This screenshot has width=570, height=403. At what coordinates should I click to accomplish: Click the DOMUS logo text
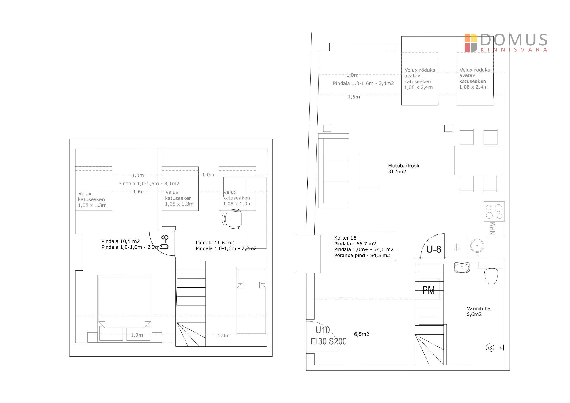tap(514, 40)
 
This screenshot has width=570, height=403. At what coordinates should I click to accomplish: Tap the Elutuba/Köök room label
tap(403, 166)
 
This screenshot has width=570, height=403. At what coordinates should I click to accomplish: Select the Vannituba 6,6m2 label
tap(478, 311)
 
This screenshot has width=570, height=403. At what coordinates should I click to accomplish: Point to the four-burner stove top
tap(494, 212)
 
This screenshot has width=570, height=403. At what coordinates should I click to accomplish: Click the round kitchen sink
tap(477, 246)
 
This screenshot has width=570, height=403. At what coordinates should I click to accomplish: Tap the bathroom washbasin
tap(462, 267)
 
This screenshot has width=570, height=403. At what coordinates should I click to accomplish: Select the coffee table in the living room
tap(369, 171)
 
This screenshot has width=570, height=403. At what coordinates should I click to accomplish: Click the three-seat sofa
tap(333, 171)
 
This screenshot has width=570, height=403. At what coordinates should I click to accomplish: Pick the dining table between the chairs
tap(479, 160)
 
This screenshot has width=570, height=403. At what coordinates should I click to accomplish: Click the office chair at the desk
tap(232, 219)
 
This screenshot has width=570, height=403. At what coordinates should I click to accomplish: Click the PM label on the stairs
tap(428, 290)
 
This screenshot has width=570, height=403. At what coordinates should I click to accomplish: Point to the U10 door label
tap(323, 330)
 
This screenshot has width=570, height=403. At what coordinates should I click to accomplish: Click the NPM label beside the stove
tap(493, 229)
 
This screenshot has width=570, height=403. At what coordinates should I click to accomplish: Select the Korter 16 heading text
tap(345, 238)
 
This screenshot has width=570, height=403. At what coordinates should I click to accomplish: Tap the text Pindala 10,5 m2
tap(121, 241)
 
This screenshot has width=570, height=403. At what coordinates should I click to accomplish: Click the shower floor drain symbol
tap(490, 347)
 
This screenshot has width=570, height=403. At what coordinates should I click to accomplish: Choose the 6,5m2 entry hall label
tap(362, 334)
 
